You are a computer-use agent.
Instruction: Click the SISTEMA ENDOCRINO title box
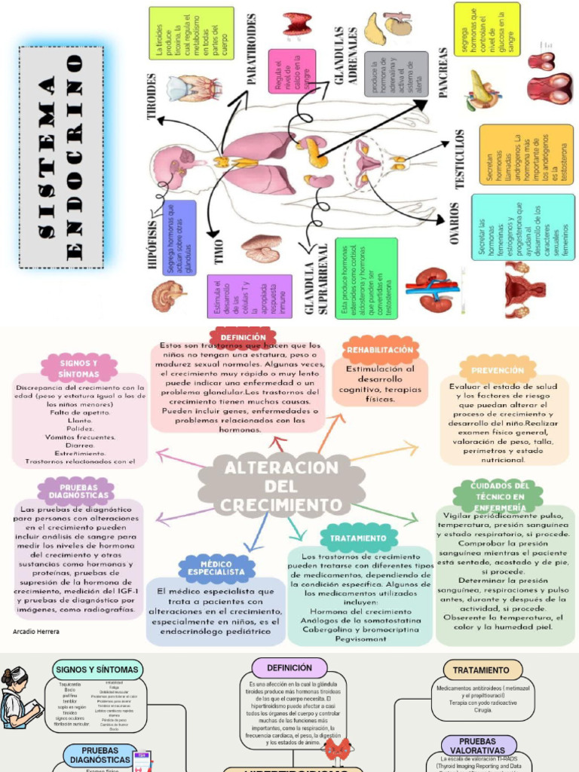(61, 158)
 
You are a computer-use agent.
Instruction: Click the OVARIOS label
(455, 223)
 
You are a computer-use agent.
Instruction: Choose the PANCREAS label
(443, 72)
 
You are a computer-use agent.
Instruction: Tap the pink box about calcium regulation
(292, 72)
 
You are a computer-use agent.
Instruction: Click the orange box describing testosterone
(525, 155)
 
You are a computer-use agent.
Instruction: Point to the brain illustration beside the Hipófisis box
(168, 296)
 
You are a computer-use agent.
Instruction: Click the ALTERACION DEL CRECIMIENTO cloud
(282, 486)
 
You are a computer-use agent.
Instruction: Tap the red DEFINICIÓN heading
(243, 337)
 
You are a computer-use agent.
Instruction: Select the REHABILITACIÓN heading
(380, 350)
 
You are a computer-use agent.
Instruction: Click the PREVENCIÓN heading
(498, 370)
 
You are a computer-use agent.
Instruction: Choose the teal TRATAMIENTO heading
(358, 538)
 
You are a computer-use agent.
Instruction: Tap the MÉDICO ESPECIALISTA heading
(216, 568)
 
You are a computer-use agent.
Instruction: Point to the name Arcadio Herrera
(36, 632)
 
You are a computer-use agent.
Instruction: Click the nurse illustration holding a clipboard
(17, 698)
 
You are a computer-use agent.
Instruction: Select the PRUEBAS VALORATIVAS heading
(479, 746)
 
